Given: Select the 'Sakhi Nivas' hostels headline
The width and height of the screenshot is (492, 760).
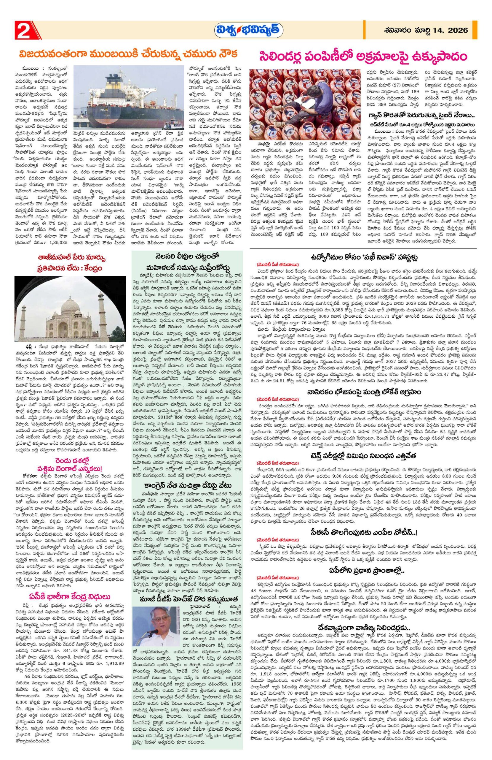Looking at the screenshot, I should point(363,257).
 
